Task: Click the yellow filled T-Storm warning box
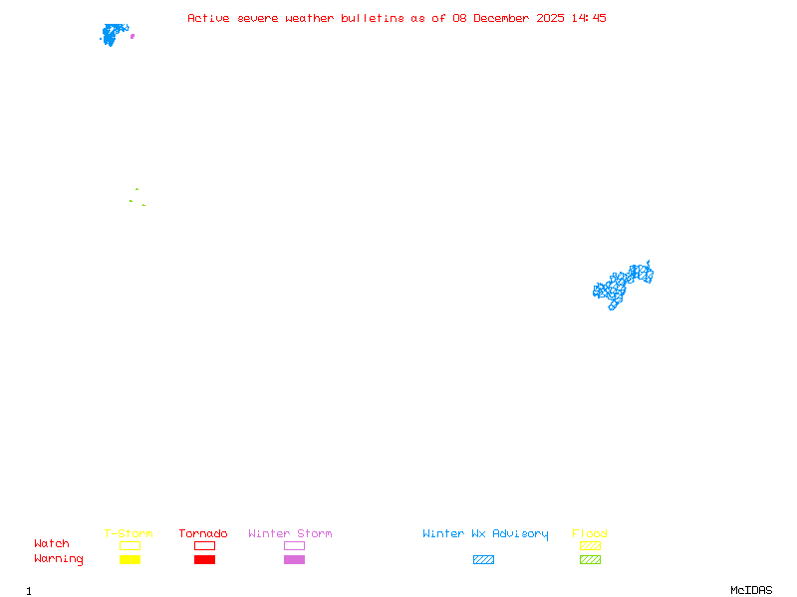pyautogui.click(x=130, y=559)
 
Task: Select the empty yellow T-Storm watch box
pyautogui.click(x=130, y=545)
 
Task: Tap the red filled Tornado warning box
pyautogui.click(x=204, y=559)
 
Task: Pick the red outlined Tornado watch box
pyautogui.click(x=204, y=545)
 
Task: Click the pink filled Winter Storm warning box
pyautogui.click(x=294, y=559)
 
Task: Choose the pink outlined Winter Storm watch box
pyautogui.click(x=294, y=545)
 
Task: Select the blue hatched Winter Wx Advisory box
pyautogui.click(x=483, y=559)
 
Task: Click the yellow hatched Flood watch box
pyautogui.click(x=590, y=545)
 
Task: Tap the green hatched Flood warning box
pyautogui.click(x=590, y=559)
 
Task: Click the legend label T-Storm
pyautogui.click(x=129, y=533)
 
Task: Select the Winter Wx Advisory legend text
pyautogui.click(x=485, y=533)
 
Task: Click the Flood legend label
pyautogui.click(x=589, y=533)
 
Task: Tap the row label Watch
pyautogui.click(x=52, y=544)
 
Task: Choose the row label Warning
pyautogui.click(x=58, y=559)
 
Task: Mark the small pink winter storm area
pyautogui.click(x=133, y=36)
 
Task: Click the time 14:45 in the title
pyautogui.click(x=588, y=18)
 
